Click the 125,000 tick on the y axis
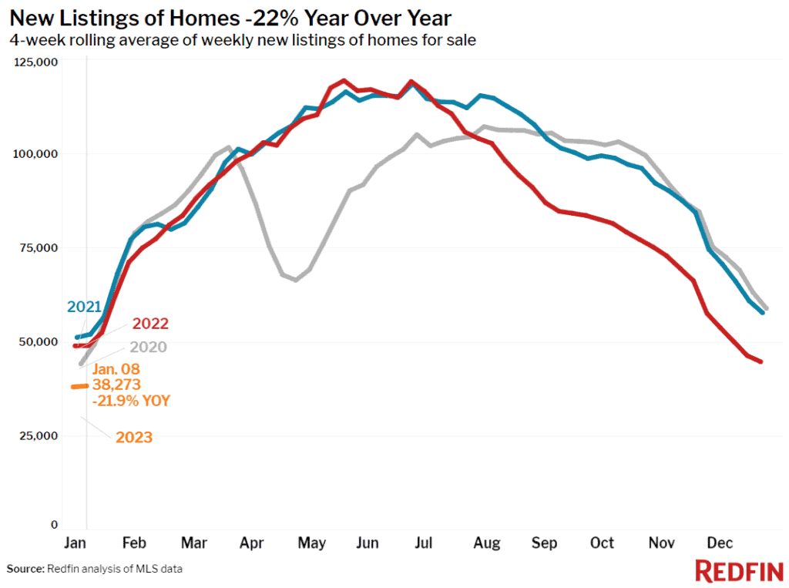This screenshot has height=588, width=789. tap(35, 62)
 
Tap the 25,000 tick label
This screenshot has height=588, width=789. tap(39, 436)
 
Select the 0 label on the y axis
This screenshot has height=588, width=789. tap(55, 525)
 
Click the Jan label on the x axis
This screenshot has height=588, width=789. tap(75, 543)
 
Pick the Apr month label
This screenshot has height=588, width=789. tap(252, 543)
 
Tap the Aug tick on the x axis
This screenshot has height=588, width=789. tap(487, 543)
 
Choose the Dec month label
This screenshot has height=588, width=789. tap(720, 543)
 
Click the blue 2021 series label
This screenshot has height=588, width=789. tap(85, 307)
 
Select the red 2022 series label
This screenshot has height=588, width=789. tap(150, 323)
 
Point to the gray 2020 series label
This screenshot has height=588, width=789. tap(148, 347)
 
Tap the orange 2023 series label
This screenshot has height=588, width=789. tap(134, 437)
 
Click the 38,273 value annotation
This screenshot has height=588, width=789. tap(116, 385)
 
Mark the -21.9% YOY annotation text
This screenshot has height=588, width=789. tap(131, 401)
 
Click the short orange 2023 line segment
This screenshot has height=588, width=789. tap(80, 387)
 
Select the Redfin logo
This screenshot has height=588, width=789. tap(739, 571)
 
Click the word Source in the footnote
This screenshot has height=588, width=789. tap(25, 569)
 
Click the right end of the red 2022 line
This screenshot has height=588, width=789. tap(761, 361)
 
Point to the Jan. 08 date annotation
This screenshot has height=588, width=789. tap(116, 369)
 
